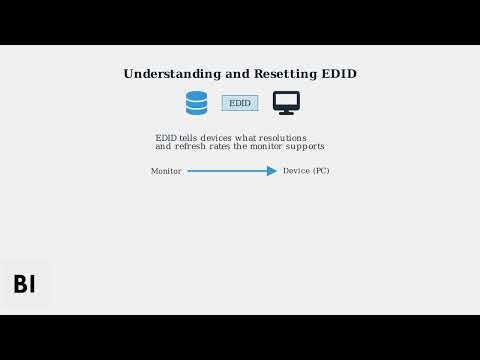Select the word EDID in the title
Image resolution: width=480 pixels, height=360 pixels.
pos(338,74)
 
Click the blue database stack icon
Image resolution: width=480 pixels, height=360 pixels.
pos(196,103)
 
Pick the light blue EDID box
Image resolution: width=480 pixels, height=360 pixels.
pos(240,103)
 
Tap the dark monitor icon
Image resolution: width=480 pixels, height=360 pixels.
pos(286,103)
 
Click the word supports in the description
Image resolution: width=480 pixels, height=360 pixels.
pos(304,147)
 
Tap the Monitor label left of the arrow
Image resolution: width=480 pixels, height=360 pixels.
pos(166,171)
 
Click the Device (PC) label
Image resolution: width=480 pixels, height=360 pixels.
pos(306,171)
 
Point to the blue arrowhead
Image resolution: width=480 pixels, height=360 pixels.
pos(272,171)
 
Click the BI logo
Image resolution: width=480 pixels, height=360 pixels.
pos(24,284)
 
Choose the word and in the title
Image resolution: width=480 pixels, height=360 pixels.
pos(228,74)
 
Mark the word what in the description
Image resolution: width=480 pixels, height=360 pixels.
pos(245,137)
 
